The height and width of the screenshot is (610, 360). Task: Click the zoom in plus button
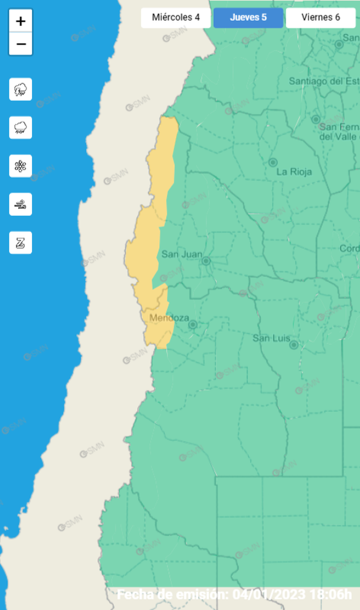(x=21, y=22)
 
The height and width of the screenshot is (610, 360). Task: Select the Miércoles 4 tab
(x=176, y=17)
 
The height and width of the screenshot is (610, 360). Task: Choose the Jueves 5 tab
(x=248, y=17)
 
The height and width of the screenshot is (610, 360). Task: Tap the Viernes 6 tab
(x=320, y=17)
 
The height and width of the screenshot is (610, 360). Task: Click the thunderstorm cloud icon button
(x=21, y=90)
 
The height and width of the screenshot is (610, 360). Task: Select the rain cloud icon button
(x=21, y=127)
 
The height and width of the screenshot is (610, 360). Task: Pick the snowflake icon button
(x=21, y=166)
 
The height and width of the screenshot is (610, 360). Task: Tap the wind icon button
(x=21, y=204)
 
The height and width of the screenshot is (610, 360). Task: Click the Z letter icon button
(x=21, y=242)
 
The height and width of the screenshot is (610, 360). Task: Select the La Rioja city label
(x=293, y=172)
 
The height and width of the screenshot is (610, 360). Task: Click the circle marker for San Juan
(x=206, y=261)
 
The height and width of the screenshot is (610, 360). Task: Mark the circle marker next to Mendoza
(x=192, y=324)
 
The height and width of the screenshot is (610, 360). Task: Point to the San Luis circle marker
(x=293, y=345)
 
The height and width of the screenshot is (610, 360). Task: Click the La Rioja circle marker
(x=273, y=162)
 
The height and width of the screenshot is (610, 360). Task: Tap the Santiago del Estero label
(x=323, y=81)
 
